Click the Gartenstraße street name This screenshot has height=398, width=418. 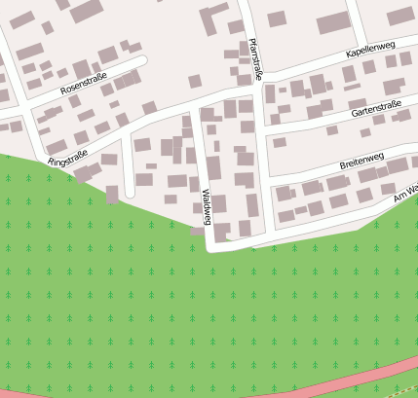pyautogui.click(x=376, y=108)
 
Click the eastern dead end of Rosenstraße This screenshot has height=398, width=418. pyautogui.click(x=142, y=61)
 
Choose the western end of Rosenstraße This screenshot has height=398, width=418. pyautogui.click(x=5, y=126)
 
